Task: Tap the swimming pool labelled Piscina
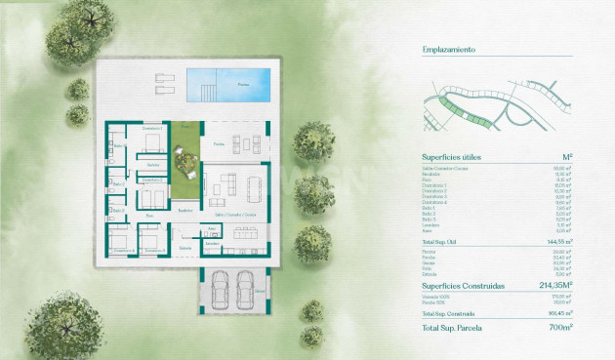pyautogui.click(x=230, y=83)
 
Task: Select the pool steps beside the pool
pyautogui.click(x=208, y=94)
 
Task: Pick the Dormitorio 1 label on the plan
pyautogui.click(x=149, y=129)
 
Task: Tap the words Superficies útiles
pyautogui.click(x=451, y=156)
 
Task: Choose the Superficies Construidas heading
pyautogui.click(x=463, y=286)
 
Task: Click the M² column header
pyautogui.click(x=567, y=156)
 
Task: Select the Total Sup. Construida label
pyautogui.click(x=448, y=314)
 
